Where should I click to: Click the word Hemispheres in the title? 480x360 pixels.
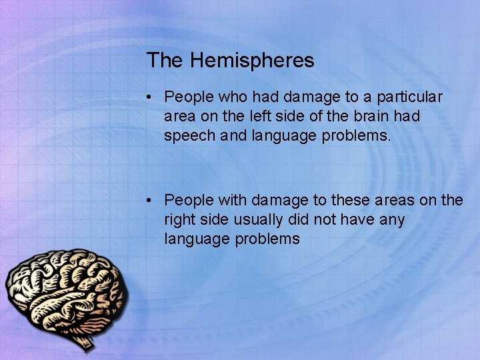coord(252,61)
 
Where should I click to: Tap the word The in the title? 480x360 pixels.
coord(165,61)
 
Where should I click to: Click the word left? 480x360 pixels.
coord(261,116)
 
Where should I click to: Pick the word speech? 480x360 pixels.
coord(189,135)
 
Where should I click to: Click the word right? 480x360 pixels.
coord(180,219)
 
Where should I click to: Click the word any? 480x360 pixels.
coord(391,219)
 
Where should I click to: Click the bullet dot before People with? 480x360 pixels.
coord(152,201)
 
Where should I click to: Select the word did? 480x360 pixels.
coord(302,219)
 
